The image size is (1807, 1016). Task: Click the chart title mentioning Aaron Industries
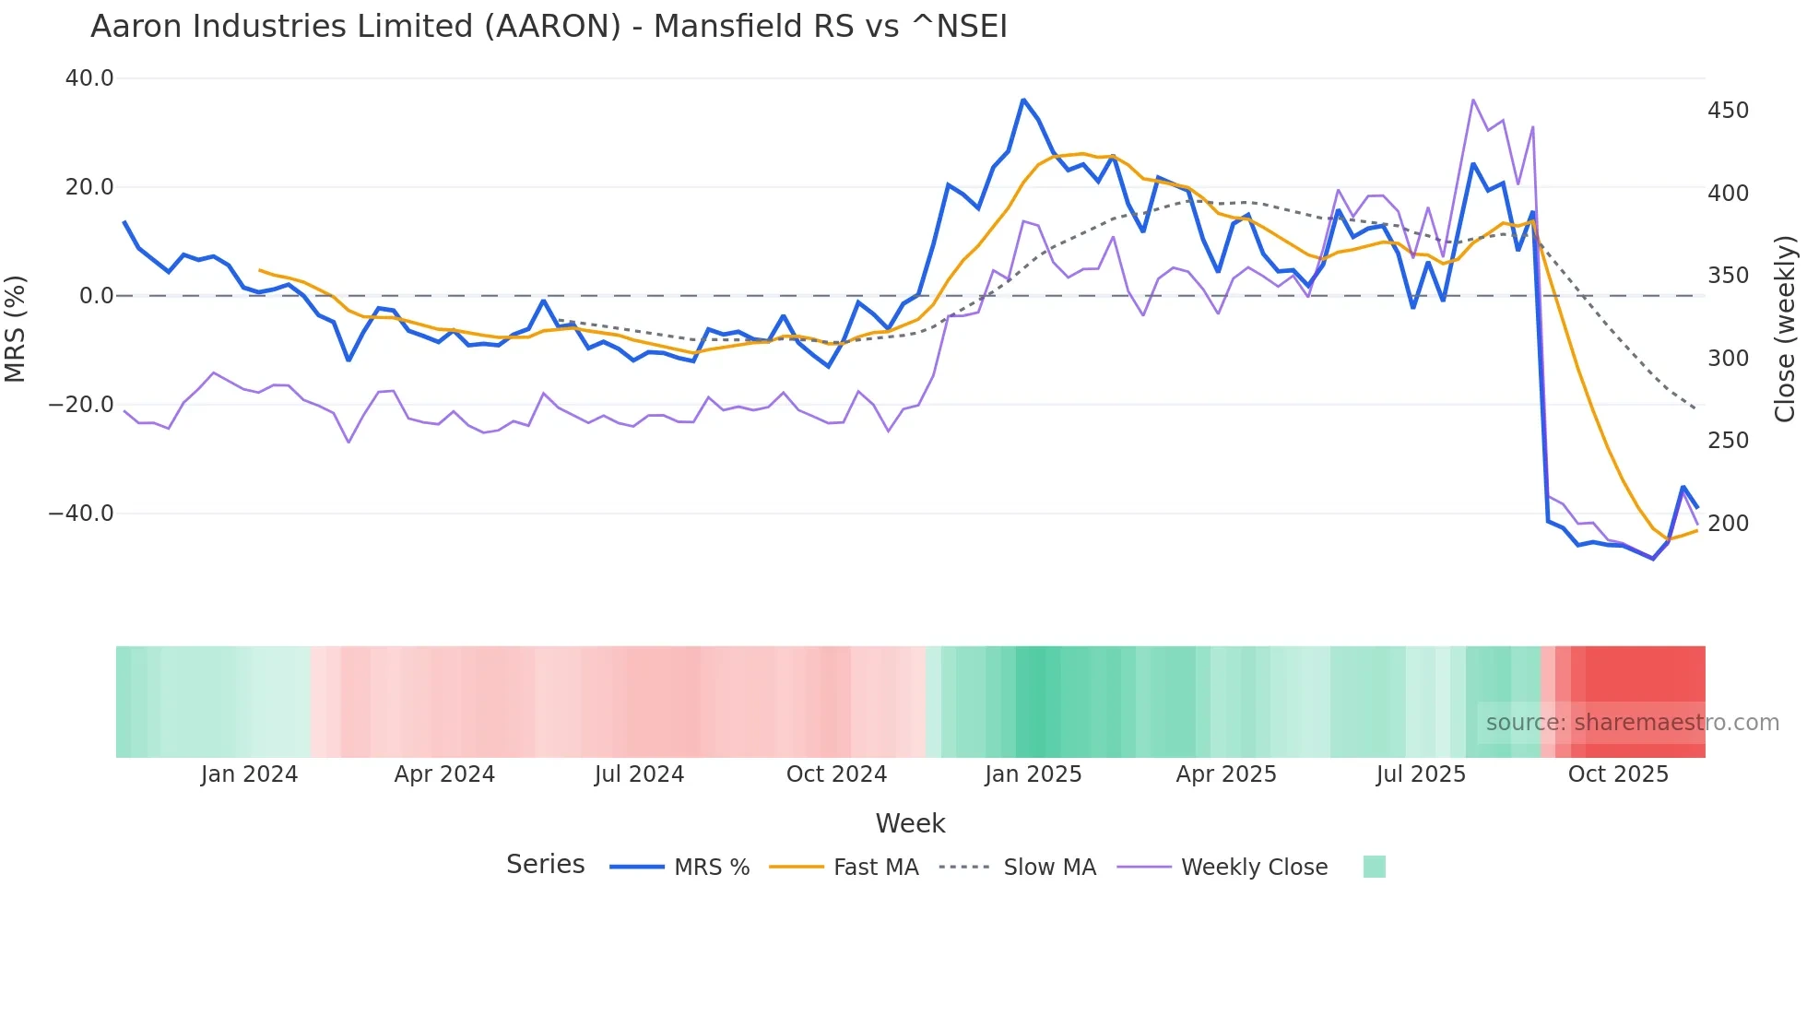pyautogui.click(x=549, y=27)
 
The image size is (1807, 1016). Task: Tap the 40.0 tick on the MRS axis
pyautogui.click(x=89, y=78)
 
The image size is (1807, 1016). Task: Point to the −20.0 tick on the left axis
pyautogui.click(x=81, y=405)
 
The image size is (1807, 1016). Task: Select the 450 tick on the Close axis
pyautogui.click(x=1728, y=111)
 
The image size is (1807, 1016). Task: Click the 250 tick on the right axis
pyautogui.click(x=1728, y=441)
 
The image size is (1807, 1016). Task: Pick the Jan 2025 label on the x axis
pyautogui.click(x=1033, y=774)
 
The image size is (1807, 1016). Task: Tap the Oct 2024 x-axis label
pyautogui.click(x=836, y=774)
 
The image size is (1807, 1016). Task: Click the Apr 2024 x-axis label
pyautogui.click(x=444, y=774)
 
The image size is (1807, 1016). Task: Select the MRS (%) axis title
pyautogui.click(x=16, y=328)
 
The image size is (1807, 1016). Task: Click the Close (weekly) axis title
pyautogui.click(x=1785, y=328)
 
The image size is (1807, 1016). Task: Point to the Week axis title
pyautogui.click(x=910, y=823)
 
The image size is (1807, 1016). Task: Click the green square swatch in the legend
pyautogui.click(x=1374, y=867)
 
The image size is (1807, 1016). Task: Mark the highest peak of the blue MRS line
pyautogui.click(x=1023, y=100)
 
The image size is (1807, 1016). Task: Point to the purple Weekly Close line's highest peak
pyautogui.click(x=1473, y=100)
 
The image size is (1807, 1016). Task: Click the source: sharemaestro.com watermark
pyautogui.click(x=1632, y=723)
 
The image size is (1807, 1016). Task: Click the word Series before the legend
pyautogui.click(x=545, y=865)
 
